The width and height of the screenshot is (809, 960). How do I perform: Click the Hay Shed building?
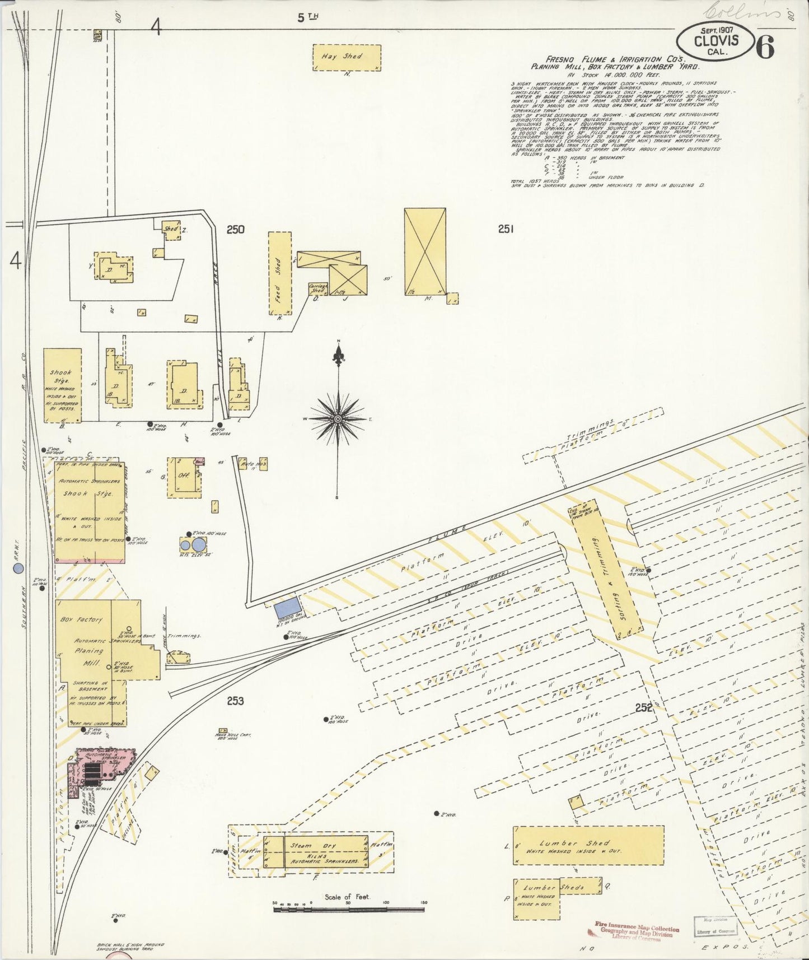coord(347,57)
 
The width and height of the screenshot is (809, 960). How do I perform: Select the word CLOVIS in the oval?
coord(716,41)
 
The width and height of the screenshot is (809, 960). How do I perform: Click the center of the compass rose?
coord(338,419)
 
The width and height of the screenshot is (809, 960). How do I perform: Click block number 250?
coord(236,229)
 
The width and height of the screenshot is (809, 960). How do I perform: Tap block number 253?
coord(236,701)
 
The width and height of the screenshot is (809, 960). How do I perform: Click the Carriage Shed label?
coord(318,288)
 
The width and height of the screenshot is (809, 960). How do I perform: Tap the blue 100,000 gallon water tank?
coord(287,607)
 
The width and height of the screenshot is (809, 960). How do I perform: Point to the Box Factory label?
coord(82,619)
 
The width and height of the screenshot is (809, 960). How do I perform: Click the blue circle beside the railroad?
coord(18,568)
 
